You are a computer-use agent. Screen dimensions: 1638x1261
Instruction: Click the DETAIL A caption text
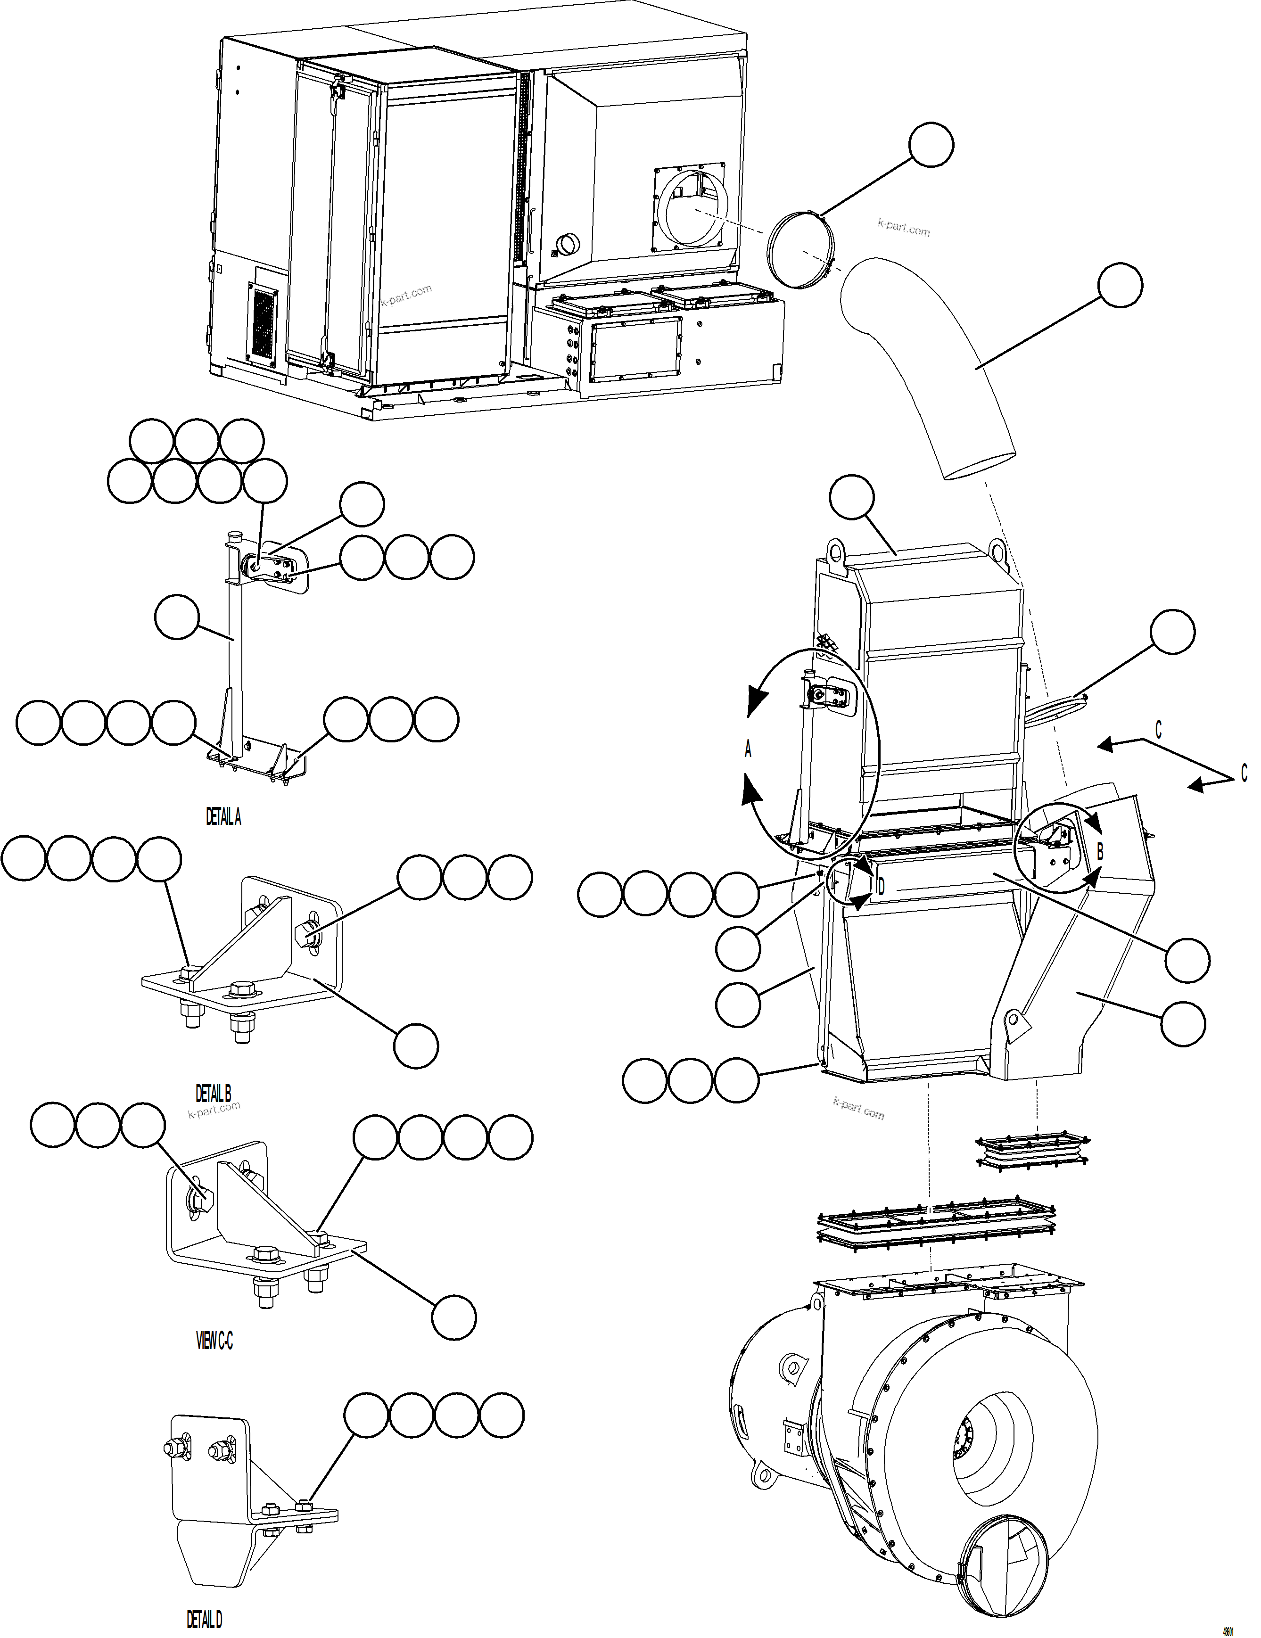(223, 817)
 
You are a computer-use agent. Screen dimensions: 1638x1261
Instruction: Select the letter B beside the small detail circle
(1100, 852)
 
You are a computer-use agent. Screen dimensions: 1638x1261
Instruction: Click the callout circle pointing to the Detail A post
(177, 617)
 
